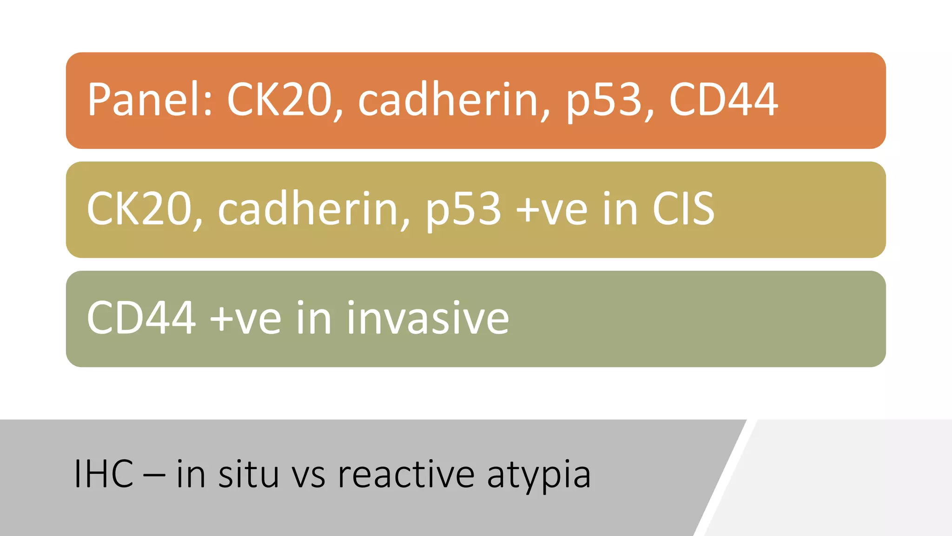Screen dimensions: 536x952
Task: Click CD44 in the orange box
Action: (x=723, y=100)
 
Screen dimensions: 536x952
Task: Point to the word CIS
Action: (x=683, y=209)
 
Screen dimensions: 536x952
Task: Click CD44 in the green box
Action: (x=141, y=318)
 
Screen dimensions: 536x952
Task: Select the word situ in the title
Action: (x=249, y=474)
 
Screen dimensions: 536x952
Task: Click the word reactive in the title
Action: (x=406, y=474)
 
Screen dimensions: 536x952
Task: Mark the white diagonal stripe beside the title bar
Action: (x=725, y=479)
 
